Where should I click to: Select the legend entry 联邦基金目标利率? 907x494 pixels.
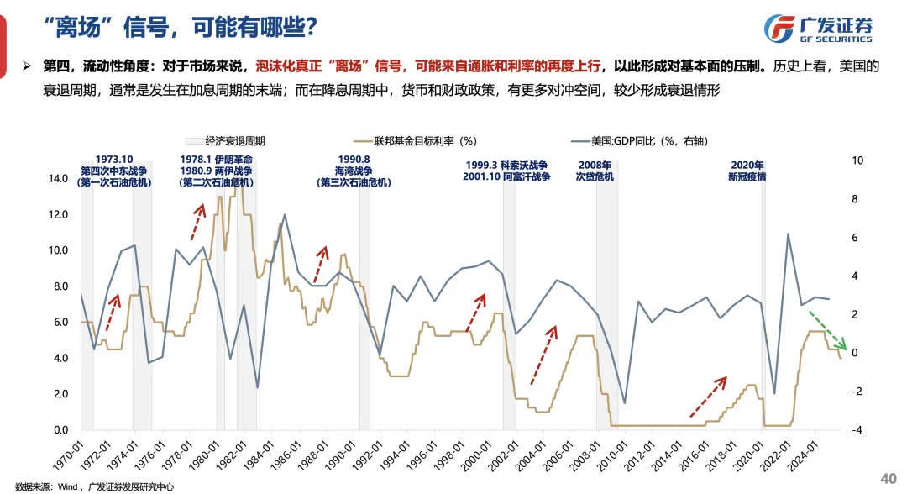pyautogui.click(x=427, y=141)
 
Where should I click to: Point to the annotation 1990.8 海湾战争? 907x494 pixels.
pyautogui.click(x=354, y=170)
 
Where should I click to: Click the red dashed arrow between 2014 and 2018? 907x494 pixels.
pyautogui.click(x=707, y=397)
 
